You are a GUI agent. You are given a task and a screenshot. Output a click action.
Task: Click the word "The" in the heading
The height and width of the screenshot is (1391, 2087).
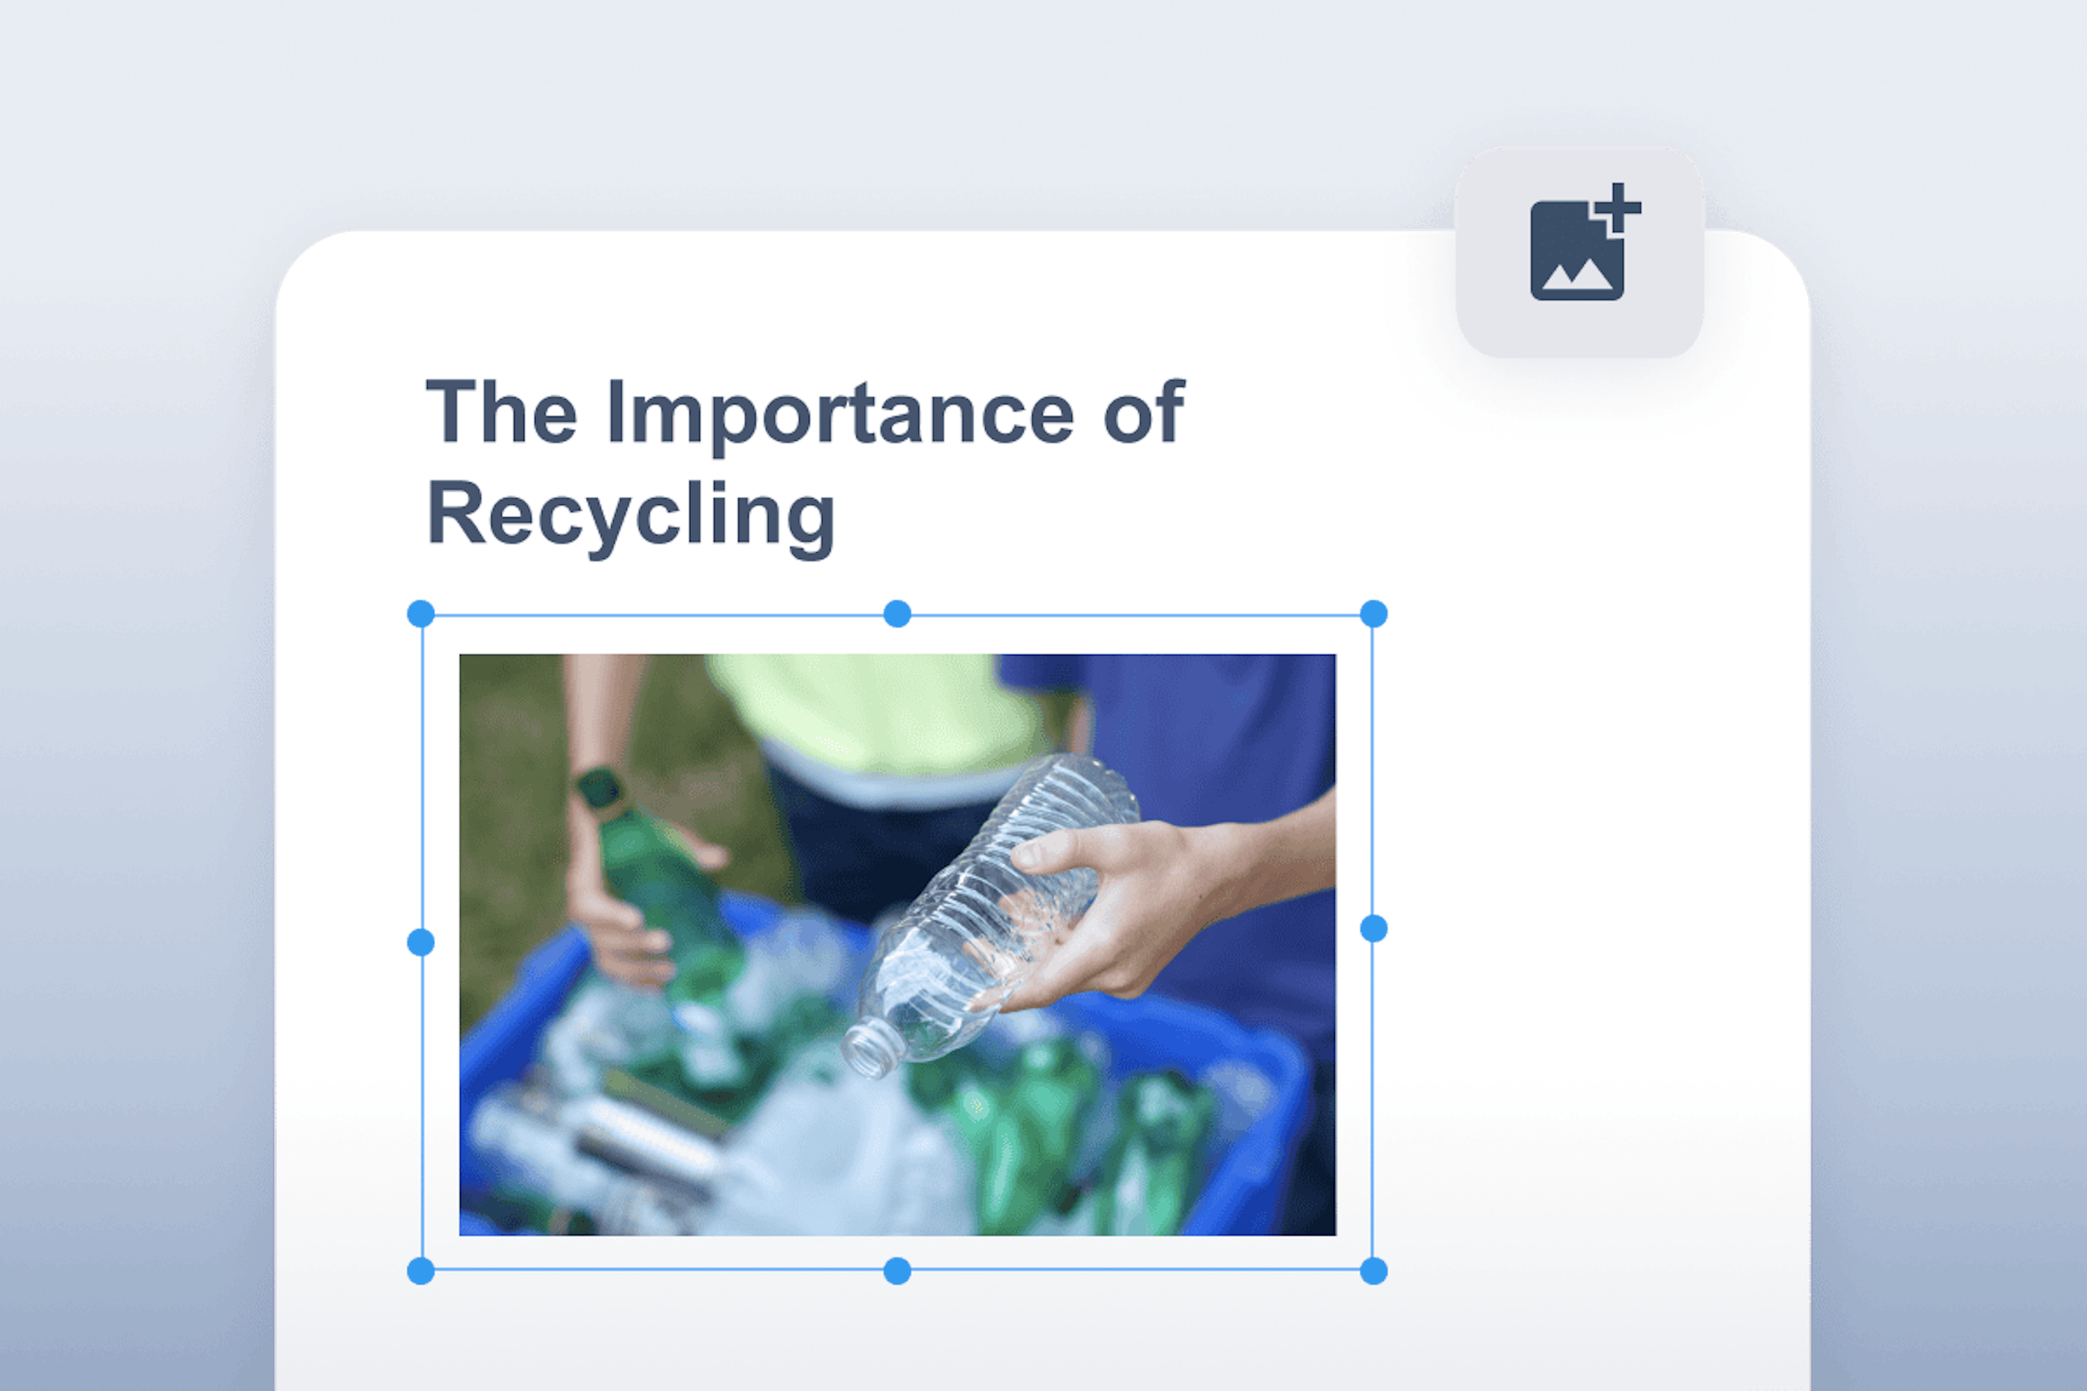(x=502, y=412)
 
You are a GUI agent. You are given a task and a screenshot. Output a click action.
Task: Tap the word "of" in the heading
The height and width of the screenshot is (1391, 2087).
(x=1143, y=412)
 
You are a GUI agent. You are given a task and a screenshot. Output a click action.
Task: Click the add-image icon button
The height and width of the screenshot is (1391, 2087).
(x=1579, y=253)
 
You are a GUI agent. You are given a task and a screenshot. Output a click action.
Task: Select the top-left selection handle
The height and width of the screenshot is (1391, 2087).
(x=421, y=613)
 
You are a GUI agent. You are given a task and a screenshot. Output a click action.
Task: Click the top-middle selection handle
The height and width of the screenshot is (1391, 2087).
(x=897, y=613)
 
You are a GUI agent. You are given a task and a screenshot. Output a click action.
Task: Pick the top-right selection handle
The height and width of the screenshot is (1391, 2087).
(x=1373, y=613)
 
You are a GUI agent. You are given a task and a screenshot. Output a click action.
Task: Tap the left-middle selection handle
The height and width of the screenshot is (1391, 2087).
(x=421, y=942)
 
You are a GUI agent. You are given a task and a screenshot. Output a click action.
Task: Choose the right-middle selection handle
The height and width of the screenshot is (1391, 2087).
(x=1373, y=929)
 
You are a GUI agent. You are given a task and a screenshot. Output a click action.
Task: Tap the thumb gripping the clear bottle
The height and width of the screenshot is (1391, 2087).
(x=1052, y=847)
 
